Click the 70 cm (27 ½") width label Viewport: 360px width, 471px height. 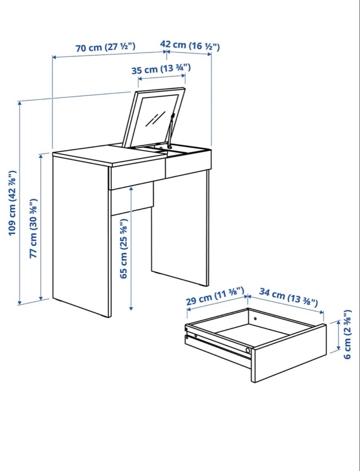106,47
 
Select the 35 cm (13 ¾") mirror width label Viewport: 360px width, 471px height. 161,69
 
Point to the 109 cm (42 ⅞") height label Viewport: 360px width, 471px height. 12,203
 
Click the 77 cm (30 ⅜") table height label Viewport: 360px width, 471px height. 33,228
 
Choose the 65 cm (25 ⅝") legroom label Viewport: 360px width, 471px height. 124,248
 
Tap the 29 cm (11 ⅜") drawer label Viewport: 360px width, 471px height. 215,296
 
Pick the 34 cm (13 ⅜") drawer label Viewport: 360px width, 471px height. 289,297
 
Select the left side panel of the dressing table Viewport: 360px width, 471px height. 82,236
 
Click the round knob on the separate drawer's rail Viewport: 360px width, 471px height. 248,351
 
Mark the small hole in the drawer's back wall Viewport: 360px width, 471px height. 255,318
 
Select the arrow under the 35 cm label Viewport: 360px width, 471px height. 162,77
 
